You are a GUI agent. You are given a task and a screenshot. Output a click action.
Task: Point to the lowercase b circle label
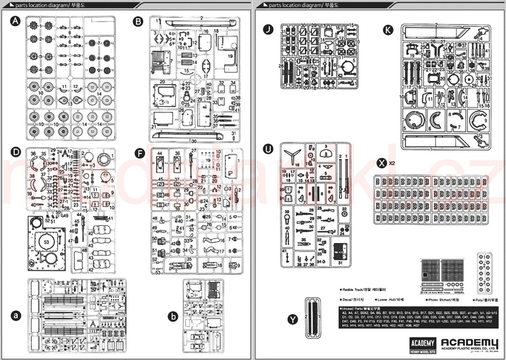(x=172, y=316)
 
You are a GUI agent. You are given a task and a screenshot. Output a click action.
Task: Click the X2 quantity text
(x=392, y=163)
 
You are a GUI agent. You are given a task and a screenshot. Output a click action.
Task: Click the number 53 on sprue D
(x=46, y=242)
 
